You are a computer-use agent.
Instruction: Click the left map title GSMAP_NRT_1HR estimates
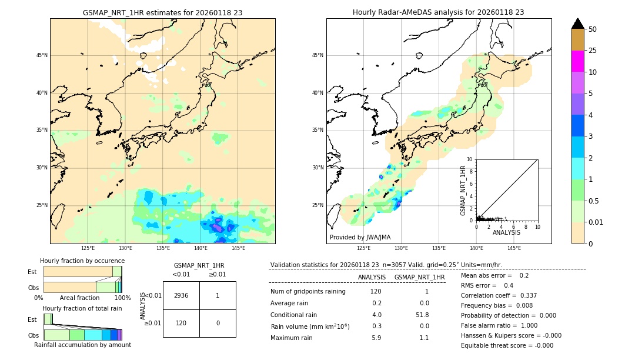[x=162, y=12]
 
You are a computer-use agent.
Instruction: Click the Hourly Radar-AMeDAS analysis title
[x=439, y=12]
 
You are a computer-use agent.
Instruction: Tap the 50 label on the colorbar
[x=593, y=29]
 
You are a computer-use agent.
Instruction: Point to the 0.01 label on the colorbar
[x=596, y=222]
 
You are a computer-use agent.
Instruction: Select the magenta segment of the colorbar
[x=577, y=61]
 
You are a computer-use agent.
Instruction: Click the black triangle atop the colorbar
[x=577, y=24]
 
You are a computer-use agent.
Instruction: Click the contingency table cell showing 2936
[x=181, y=295]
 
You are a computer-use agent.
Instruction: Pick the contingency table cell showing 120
[x=181, y=323]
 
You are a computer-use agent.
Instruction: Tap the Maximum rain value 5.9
[x=376, y=338]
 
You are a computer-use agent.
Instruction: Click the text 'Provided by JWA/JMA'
[x=360, y=237]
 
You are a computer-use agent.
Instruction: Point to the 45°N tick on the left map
[x=42, y=55]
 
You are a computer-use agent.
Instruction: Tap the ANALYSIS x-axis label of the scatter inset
[x=506, y=232]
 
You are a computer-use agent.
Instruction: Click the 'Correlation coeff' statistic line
[x=499, y=295]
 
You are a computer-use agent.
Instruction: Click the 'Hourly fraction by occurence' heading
[x=82, y=261]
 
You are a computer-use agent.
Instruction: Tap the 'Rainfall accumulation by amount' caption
[x=82, y=345]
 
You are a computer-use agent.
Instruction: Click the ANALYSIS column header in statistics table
[x=372, y=277]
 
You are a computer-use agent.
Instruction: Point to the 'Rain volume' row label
[x=310, y=326]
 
